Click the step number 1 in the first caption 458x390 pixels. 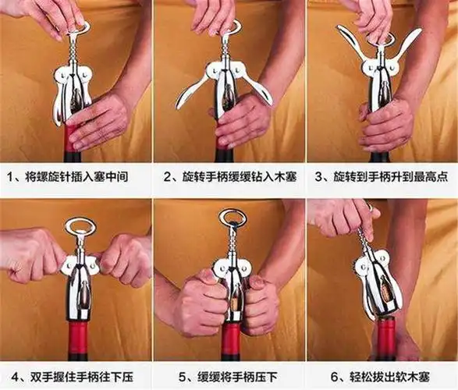11,177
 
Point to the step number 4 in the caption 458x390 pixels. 11,373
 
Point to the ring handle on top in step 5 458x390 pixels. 232,218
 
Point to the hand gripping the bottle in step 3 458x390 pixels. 388,125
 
